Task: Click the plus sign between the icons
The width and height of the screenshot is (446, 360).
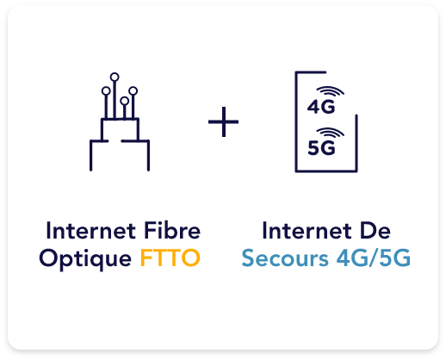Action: [x=223, y=121]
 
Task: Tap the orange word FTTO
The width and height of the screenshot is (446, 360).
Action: [x=170, y=258]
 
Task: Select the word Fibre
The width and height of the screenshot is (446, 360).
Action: [x=172, y=231]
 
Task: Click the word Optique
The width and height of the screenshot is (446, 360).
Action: [x=85, y=260]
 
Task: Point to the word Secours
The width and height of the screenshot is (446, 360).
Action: [x=285, y=258]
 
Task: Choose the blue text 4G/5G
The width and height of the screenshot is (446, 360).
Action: [x=374, y=258]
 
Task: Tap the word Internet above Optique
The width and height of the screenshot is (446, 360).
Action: [x=91, y=231]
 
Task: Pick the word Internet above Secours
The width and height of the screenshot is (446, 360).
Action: [x=307, y=231]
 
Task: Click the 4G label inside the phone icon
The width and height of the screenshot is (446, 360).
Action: [x=321, y=107]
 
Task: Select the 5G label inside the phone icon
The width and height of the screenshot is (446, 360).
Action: [x=321, y=148]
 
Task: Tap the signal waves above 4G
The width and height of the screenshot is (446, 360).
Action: [x=331, y=91]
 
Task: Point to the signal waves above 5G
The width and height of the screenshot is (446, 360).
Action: [x=331, y=133]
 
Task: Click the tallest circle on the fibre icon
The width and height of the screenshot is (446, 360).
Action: [x=115, y=77]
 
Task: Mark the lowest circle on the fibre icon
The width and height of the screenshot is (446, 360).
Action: [x=124, y=101]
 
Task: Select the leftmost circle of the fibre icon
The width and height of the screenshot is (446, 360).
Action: [x=106, y=91]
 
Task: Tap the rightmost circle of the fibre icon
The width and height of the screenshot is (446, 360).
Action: [x=133, y=91]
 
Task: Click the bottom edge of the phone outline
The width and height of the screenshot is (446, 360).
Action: [x=326, y=171]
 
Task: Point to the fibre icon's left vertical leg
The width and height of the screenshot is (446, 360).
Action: [x=91, y=155]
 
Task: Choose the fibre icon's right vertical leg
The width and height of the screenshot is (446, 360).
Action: [x=148, y=155]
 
